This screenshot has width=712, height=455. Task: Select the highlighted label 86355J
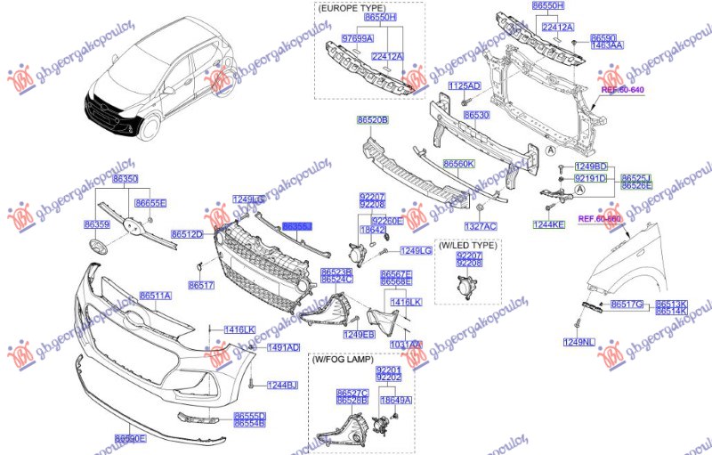coord(296,228)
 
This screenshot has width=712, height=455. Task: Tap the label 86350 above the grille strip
coord(125,179)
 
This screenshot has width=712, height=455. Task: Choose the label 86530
coord(477,116)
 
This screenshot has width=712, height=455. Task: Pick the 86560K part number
coord(459,164)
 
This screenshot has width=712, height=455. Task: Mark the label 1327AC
coord(480,226)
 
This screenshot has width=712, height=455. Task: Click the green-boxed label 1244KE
coord(548,225)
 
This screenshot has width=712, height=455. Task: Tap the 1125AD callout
coord(464,85)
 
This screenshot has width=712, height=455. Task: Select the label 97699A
coord(357,39)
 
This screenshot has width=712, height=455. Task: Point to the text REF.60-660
coord(599,219)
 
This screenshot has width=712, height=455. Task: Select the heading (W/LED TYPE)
coord(467,244)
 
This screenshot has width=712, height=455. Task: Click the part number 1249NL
coord(578,342)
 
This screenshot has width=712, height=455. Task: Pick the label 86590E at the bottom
coord(130,439)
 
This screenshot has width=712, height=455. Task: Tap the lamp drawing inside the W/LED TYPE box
coord(465,287)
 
